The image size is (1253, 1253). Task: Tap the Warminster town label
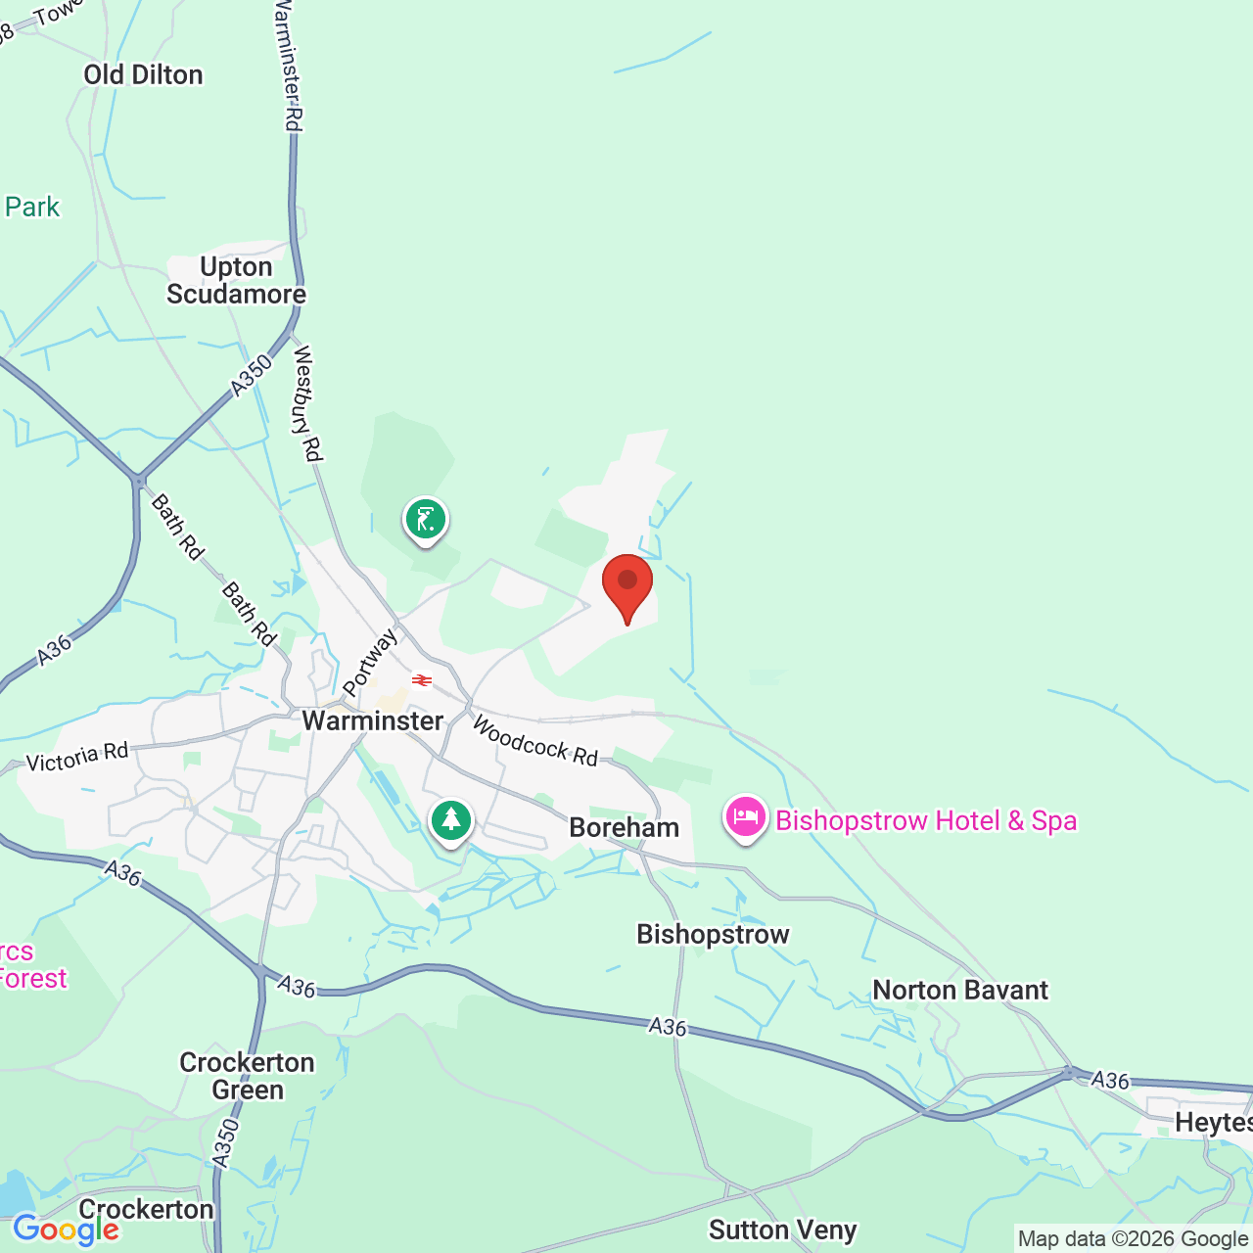pos(373,721)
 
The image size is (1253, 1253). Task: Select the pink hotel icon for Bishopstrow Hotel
pos(745,817)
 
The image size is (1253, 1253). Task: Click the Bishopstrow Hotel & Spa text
pos(926,820)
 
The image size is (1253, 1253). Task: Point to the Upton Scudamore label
pos(236,281)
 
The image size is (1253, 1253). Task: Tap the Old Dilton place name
pos(143,75)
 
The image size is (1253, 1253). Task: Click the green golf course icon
pos(426,519)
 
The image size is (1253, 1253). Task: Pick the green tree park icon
pos(451,820)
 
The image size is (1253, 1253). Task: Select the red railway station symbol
pos(422,680)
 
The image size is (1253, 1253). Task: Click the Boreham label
pos(624,828)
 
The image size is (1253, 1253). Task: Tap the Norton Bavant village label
pos(960,991)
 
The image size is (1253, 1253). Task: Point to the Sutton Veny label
pos(783,1230)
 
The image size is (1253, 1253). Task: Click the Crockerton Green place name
pos(248,1076)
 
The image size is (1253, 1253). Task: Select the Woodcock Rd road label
pos(534,741)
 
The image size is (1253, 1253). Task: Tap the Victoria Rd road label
pos(77,758)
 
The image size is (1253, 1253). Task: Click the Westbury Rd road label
pos(306,402)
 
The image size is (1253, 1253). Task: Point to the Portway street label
pos(370,662)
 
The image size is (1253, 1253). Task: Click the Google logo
pos(66,1230)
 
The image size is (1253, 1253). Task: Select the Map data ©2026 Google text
pos(1133,1239)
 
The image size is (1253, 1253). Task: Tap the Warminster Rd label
pos(288,65)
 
